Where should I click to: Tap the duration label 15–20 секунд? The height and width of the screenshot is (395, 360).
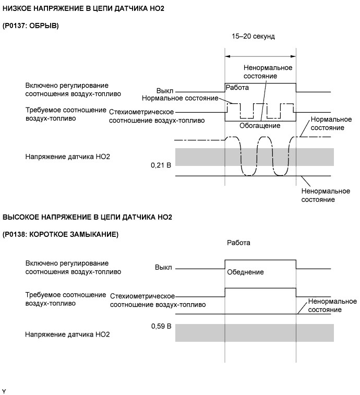[x=253, y=37]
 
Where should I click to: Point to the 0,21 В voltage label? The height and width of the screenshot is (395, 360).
[x=160, y=165]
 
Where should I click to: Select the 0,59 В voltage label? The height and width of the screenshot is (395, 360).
[x=160, y=326]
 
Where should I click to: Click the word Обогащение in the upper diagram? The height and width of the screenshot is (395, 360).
[x=260, y=126]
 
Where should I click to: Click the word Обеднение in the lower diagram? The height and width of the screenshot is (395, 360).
[x=245, y=272]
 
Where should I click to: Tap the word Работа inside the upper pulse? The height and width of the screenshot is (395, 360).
[x=238, y=87]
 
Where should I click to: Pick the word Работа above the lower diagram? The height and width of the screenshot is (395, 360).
[x=238, y=243]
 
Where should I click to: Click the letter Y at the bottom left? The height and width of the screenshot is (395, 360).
[x=4, y=391]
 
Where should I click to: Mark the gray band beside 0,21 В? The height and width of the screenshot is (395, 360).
[x=254, y=157]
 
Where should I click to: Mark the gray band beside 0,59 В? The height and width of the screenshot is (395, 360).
[x=254, y=332]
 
